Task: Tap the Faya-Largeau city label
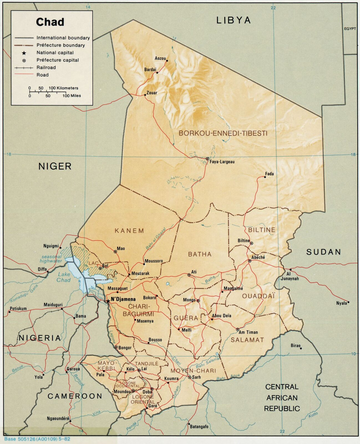point(222,162)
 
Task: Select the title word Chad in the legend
point(50,22)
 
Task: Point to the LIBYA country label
point(234,20)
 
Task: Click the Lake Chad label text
point(64,277)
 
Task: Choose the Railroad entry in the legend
point(46,67)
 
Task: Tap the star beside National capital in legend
point(24,53)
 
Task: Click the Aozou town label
point(160,58)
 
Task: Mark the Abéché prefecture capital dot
point(250,261)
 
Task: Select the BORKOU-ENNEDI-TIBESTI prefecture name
point(223,133)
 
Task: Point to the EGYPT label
point(350,29)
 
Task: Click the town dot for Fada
point(265,177)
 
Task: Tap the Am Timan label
point(248,332)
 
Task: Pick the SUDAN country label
point(323,252)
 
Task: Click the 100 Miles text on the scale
point(72,96)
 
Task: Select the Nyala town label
point(341,303)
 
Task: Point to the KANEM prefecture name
point(130,231)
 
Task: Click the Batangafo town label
point(199,427)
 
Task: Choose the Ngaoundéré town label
point(58,418)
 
